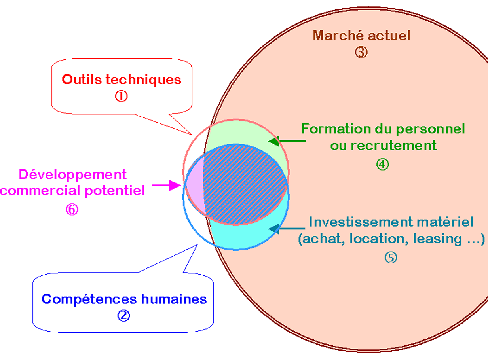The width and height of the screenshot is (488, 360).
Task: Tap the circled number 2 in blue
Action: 123,316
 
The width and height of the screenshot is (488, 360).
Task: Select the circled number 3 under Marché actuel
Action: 361,53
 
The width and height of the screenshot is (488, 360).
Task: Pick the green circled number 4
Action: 383,164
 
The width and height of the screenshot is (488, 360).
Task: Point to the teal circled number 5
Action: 390,258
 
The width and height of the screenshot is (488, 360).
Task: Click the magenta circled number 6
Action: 72,209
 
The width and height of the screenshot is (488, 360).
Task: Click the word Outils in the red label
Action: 79,80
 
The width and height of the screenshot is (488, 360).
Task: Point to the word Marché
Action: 337,36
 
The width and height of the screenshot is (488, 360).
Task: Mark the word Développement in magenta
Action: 73,174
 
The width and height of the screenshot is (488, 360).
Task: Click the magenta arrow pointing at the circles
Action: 166,185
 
